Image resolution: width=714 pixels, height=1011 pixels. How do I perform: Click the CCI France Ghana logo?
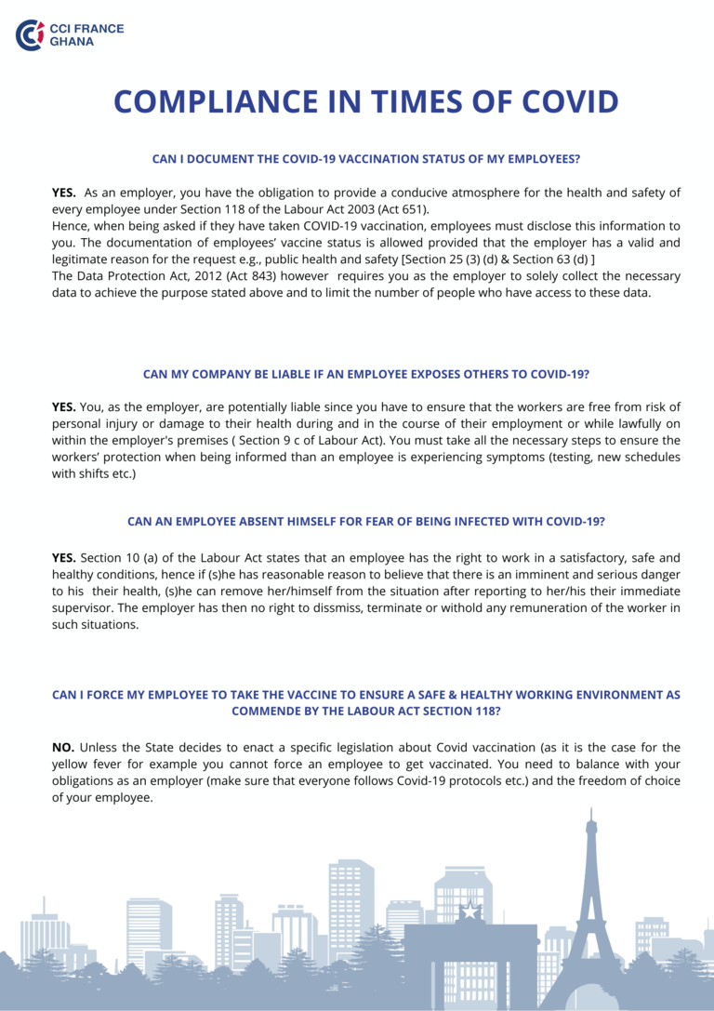[69, 34]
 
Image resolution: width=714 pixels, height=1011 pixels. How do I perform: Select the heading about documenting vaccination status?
[366, 159]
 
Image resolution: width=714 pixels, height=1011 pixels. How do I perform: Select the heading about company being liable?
[366, 374]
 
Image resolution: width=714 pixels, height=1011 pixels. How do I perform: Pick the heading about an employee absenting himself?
[366, 521]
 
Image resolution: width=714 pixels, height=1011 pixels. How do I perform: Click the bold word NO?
[63, 747]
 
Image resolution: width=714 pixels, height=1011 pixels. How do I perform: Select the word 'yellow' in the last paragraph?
[72, 764]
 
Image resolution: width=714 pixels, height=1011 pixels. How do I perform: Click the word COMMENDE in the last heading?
[271, 711]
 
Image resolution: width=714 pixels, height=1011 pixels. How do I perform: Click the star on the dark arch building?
[469, 911]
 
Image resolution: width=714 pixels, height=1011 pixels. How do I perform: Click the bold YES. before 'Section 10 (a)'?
[64, 558]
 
